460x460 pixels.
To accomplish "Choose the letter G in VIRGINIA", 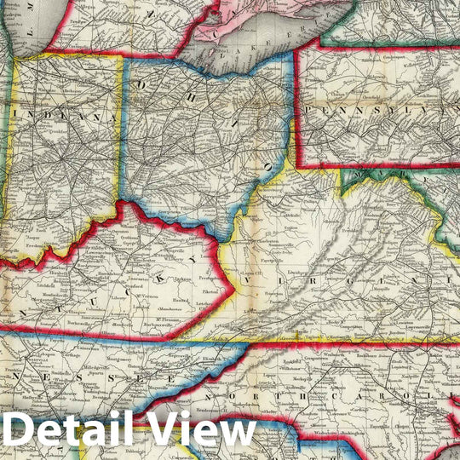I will [x=353, y=279].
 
